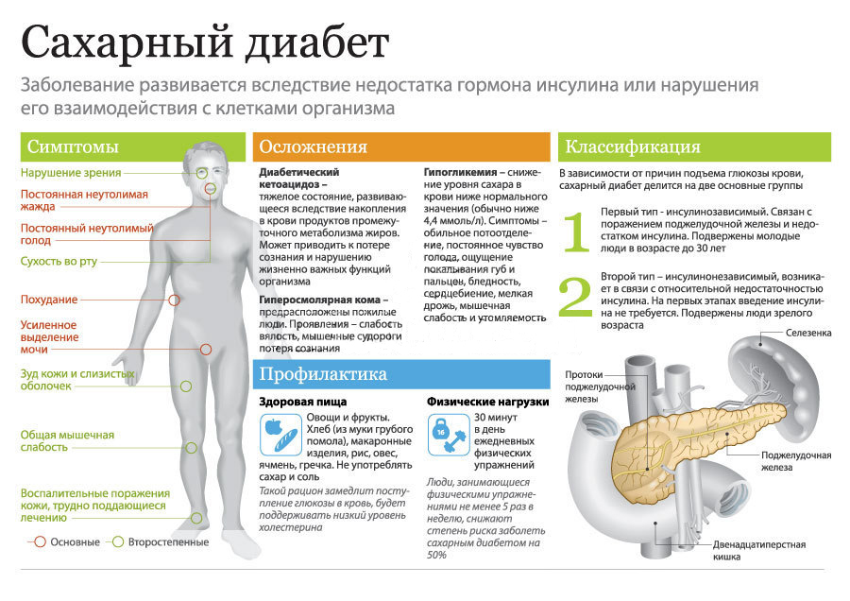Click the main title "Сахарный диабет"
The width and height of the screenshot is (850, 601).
[x=205, y=43]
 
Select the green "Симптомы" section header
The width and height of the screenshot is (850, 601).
[x=133, y=146]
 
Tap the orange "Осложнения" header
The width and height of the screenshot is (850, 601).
[x=401, y=146]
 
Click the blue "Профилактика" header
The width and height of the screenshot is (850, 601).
[x=401, y=373]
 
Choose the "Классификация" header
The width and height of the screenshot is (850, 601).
[x=694, y=146]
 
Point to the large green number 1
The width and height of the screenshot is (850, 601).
[x=576, y=232]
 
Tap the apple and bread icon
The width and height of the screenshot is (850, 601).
[x=280, y=435]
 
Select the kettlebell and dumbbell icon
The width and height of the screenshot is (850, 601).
[x=449, y=435]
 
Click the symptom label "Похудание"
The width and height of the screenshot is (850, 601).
[x=49, y=300]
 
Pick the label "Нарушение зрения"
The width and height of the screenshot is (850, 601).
[x=71, y=173]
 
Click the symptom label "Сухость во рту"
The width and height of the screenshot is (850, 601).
[x=59, y=262]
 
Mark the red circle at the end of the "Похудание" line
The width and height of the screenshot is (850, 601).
[x=174, y=300]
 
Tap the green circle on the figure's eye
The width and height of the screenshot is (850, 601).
[x=202, y=174]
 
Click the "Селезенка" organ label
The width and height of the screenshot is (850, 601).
[x=808, y=333]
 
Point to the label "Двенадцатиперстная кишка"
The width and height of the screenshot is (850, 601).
[x=759, y=551]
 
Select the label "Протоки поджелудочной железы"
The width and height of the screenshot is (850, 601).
[x=600, y=386]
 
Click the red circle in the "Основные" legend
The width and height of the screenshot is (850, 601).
[x=40, y=541]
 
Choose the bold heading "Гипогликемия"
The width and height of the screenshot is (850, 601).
[x=460, y=173]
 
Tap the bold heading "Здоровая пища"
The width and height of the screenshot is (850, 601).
[x=302, y=402]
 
